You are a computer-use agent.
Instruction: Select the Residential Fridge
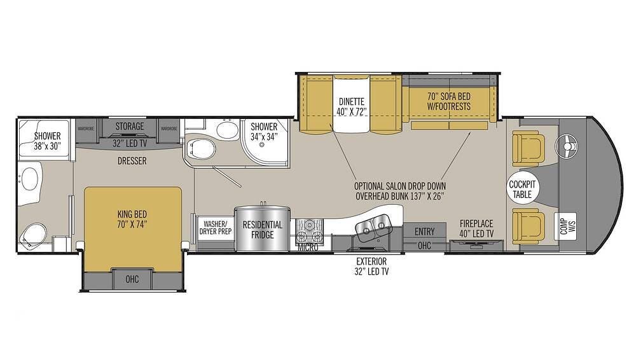click(263, 230)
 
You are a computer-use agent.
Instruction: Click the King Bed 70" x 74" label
click(133, 219)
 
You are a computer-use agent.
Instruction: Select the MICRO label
click(308, 247)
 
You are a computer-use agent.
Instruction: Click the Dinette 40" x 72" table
click(352, 104)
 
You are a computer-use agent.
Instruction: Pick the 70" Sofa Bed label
click(449, 102)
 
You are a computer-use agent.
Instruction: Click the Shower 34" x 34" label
click(263, 131)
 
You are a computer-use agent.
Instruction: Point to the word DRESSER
click(132, 161)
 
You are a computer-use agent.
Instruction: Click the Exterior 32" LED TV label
click(372, 266)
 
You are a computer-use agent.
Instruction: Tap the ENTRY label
click(424, 231)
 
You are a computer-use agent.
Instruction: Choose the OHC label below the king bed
click(132, 278)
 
